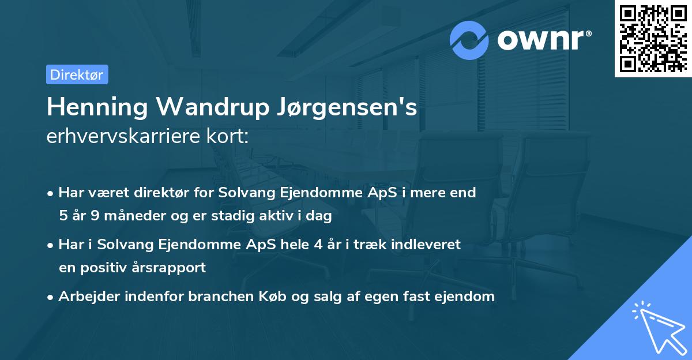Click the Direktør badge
(77, 74)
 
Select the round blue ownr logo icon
(470, 40)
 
